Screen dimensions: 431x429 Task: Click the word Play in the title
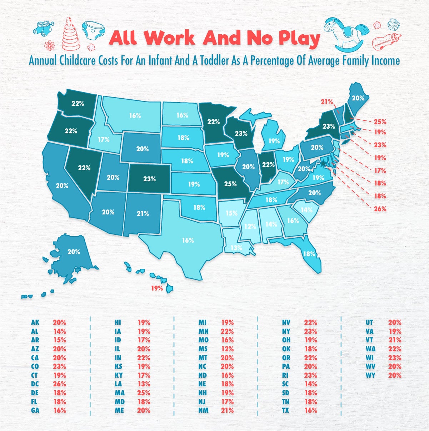pyautogui.click(x=297, y=38)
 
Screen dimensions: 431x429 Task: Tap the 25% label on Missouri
pyautogui.click(x=230, y=184)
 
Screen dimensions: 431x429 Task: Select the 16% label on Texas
pyautogui.click(x=188, y=240)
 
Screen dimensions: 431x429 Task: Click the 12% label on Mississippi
pyautogui.click(x=250, y=226)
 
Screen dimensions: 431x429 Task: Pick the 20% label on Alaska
pyautogui.click(x=74, y=252)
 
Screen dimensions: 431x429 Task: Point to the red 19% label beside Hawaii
pyautogui.click(x=157, y=288)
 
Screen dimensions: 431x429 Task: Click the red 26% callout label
pyautogui.click(x=380, y=209)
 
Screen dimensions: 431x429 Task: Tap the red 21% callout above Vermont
pyautogui.click(x=326, y=102)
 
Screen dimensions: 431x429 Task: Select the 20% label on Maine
pyautogui.click(x=358, y=98)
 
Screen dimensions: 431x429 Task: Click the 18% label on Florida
pyautogui.click(x=309, y=254)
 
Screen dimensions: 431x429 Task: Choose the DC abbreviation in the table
pyautogui.click(x=35, y=384)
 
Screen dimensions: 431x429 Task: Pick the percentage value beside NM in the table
pyautogui.click(x=227, y=410)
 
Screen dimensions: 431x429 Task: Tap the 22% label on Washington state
pyautogui.click(x=78, y=104)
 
